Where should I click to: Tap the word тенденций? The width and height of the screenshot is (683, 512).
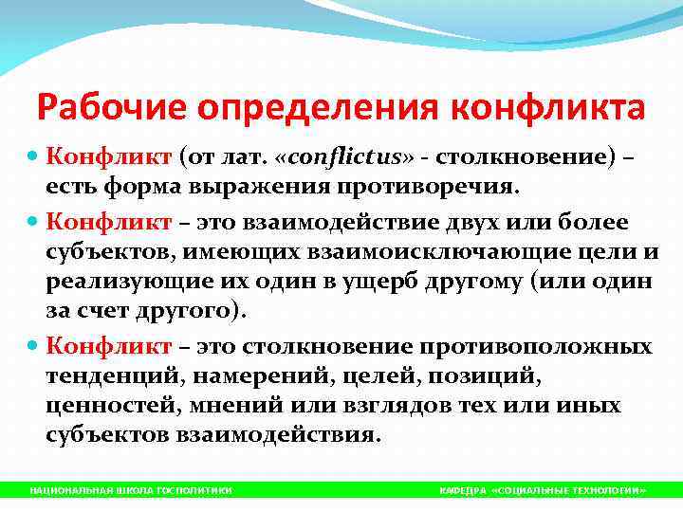tap(115, 375)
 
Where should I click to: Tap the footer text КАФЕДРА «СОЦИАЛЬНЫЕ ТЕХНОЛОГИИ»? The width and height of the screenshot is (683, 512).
tap(543, 490)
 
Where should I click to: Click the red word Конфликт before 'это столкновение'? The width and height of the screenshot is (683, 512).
tap(108, 346)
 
